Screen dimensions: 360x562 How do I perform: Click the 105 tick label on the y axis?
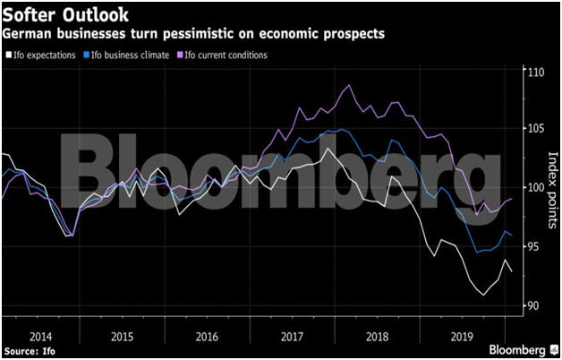click(x=534, y=129)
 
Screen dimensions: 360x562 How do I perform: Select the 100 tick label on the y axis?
click(x=534, y=188)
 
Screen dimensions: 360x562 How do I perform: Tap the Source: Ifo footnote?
click(x=30, y=351)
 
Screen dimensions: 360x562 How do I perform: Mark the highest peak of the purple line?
click(x=348, y=86)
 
